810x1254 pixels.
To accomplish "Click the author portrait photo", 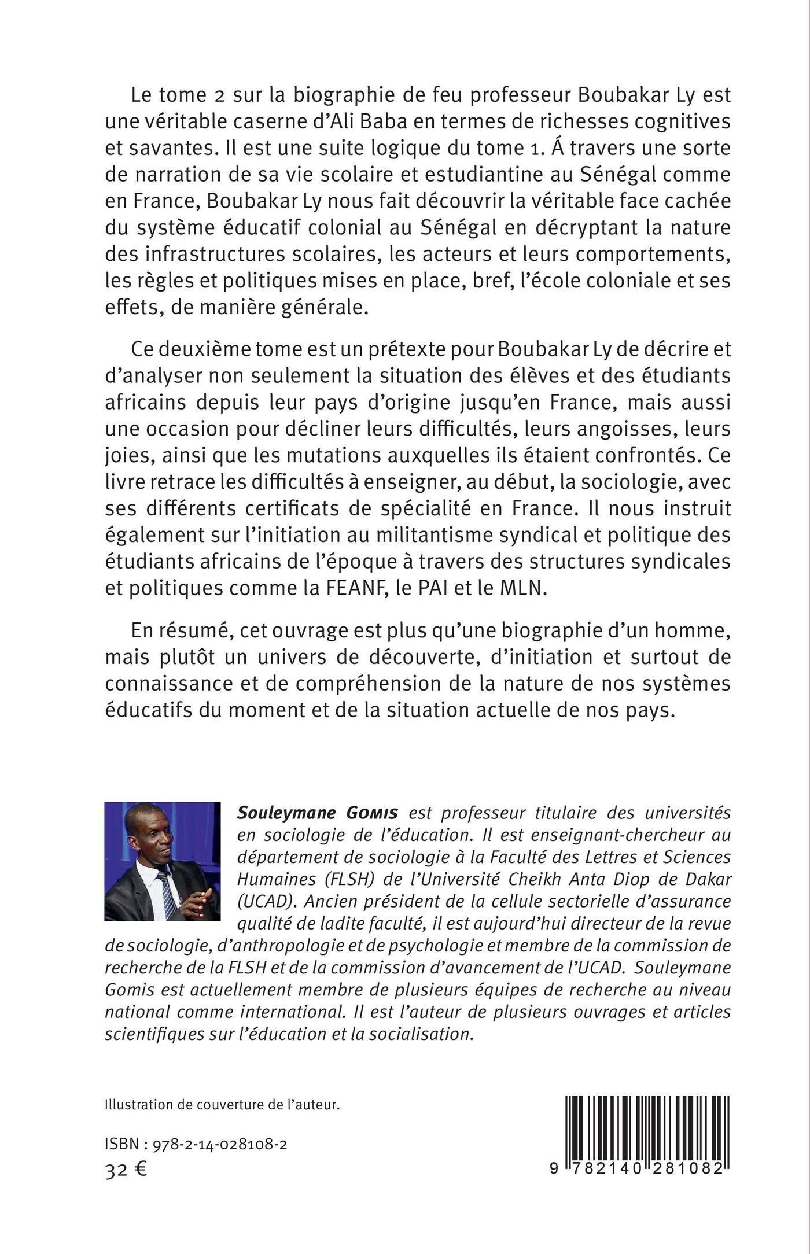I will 162,861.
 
